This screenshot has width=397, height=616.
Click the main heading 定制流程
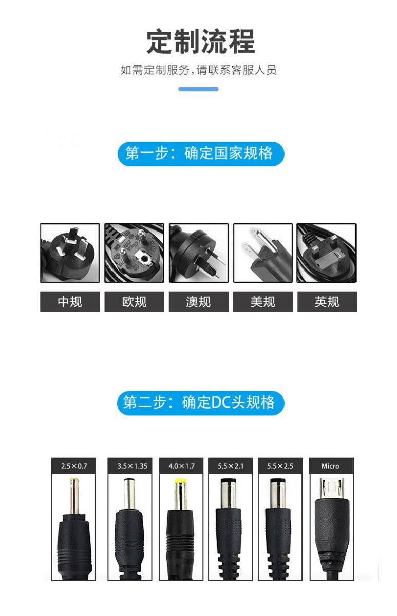(x=200, y=42)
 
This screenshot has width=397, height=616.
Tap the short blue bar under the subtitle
(x=198, y=89)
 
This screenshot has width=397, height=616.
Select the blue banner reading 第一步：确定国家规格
(x=201, y=153)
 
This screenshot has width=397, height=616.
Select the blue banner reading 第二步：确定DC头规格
(x=201, y=403)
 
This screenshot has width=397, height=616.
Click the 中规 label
(x=70, y=302)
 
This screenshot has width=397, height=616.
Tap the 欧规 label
(x=134, y=302)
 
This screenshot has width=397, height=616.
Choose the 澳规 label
(x=199, y=302)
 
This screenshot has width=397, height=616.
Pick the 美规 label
(x=263, y=302)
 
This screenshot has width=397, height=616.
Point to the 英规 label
(x=327, y=302)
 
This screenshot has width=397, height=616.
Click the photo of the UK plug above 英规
(x=327, y=253)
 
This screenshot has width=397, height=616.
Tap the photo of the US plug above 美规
(x=263, y=253)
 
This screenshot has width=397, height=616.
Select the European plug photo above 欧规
(x=134, y=253)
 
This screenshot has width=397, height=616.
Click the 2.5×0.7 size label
(x=74, y=466)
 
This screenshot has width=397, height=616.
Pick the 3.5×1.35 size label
(x=130, y=466)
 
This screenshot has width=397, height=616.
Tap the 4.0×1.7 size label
(x=181, y=466)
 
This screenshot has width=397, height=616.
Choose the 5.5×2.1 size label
(x=231, y=466)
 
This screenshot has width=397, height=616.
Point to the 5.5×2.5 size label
(x=280, y=466)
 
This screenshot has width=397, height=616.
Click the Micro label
(x=331, y=466)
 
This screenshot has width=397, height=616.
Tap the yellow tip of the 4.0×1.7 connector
(x=180, y=482)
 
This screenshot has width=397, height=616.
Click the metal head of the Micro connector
(x=332, y=489)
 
